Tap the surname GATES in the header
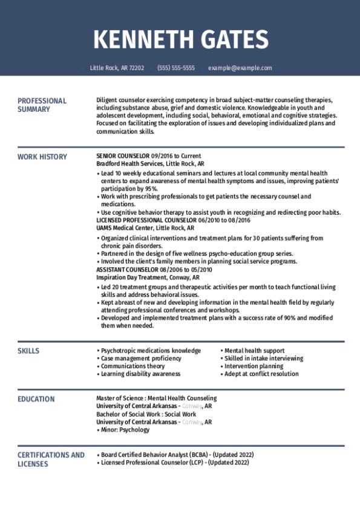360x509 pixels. [x=227, y=40]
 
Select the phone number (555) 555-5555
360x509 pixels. [x=176, y=68]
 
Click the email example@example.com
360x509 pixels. [x=240, y=68]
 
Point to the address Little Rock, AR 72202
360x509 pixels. [x=117, y=68]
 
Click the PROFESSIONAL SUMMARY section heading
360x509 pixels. [x=42, y=105]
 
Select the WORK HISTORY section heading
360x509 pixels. [x=42, y=157]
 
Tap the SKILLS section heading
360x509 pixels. [x=28, y=351]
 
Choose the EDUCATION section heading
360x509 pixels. [x=36, y=399]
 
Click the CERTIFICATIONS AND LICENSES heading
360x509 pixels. [x=51, y=459]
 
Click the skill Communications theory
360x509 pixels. [x=133, y=366]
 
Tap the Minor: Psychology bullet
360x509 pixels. [x=125, y=430]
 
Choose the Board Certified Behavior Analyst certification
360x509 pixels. [x=154, y=455]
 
